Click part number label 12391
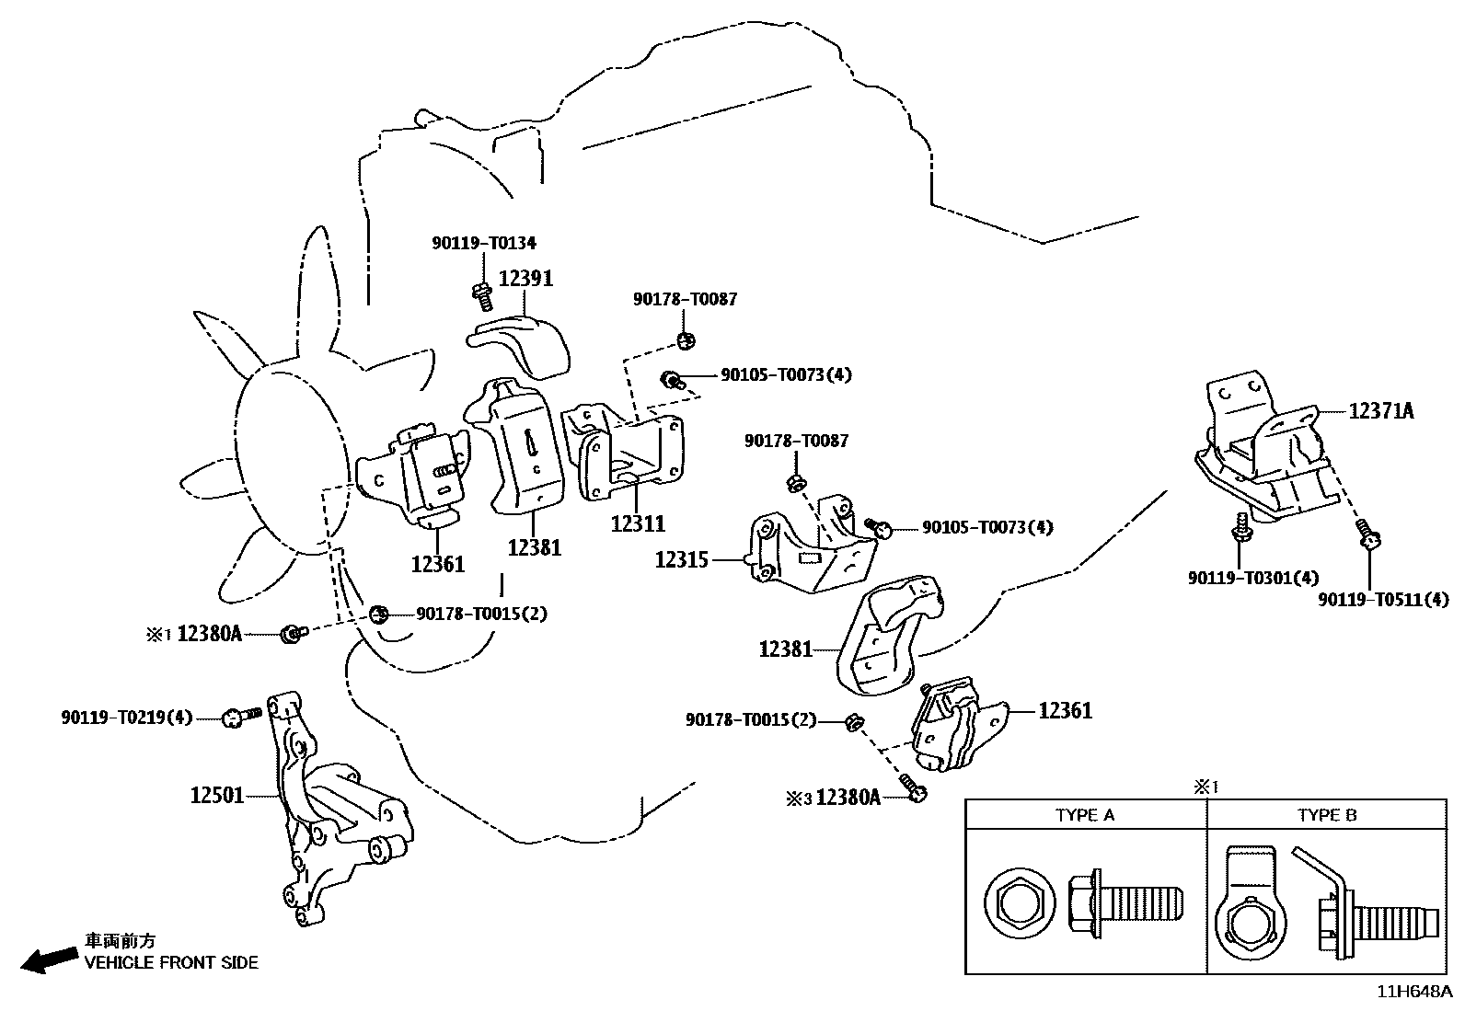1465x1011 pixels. tap(525, 279)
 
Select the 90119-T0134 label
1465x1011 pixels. tap(484, 243)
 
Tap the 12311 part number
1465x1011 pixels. tap(638, 523)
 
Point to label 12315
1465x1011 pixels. tap(682, 560)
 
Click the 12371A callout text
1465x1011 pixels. tap(1381, 411)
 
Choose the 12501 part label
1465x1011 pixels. tap(216, 795)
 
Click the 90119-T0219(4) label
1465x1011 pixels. tap(127, 718)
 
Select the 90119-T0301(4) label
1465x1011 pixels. tap(1253, 578)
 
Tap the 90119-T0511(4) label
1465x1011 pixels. tap(1383, 600)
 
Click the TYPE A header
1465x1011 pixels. tap(1084, 815)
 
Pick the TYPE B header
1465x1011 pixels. tap(1327, 815)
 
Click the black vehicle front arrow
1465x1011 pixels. tap(49, 960)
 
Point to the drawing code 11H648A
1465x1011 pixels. tap(1414, 992)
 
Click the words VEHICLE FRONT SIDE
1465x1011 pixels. tap(171, 962)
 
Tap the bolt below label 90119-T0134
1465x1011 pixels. tap(483, 296)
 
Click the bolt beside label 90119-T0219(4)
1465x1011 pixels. tap(242, 717)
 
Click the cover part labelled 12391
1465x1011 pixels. tap(519, 347)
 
